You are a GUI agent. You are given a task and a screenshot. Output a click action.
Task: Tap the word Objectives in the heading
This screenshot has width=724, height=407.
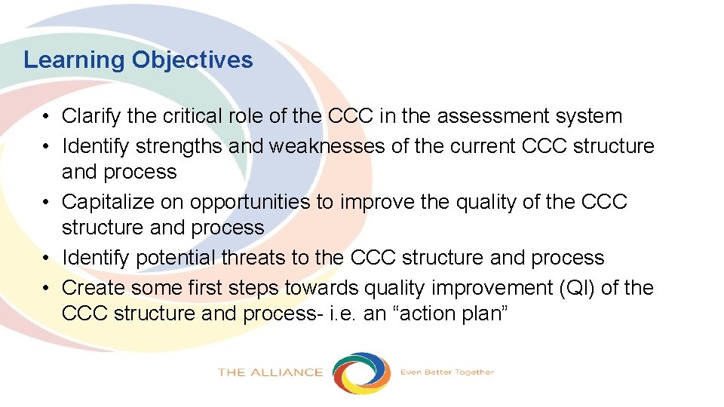coord(192,60)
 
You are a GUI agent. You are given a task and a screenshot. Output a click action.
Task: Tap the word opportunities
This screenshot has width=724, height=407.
coord(250,202)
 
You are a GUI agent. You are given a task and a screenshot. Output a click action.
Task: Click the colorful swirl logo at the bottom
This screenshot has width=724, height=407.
coord(362,372)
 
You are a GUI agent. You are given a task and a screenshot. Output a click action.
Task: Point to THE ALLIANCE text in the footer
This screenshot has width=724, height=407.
coord(270,372)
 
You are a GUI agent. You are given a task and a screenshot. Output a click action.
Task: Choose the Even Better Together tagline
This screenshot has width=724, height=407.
coord(446,372)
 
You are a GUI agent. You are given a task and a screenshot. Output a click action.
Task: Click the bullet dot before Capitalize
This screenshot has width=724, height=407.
coord(47,202)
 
